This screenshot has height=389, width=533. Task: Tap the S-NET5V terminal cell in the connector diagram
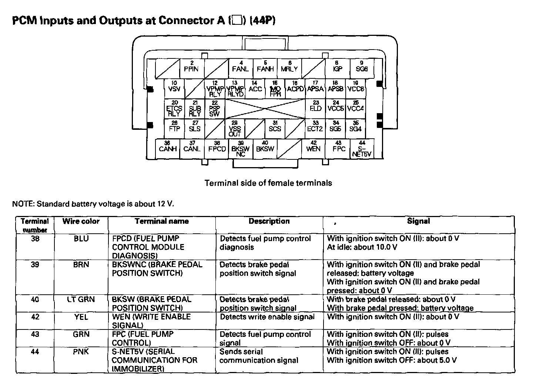point(362,149)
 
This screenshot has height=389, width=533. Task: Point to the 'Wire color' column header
point(81,221)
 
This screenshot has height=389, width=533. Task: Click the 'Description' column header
point(269,221)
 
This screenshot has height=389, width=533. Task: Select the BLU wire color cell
point(81,239)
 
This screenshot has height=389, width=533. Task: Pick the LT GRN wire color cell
point(81,300)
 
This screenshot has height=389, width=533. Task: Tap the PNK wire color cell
point(81,352)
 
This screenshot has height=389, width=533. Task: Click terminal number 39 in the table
point(35,265)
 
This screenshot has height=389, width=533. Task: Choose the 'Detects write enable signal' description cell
point(267,317)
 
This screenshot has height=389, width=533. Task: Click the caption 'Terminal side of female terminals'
point(268,183)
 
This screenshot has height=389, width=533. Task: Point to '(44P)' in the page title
point(262,20)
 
